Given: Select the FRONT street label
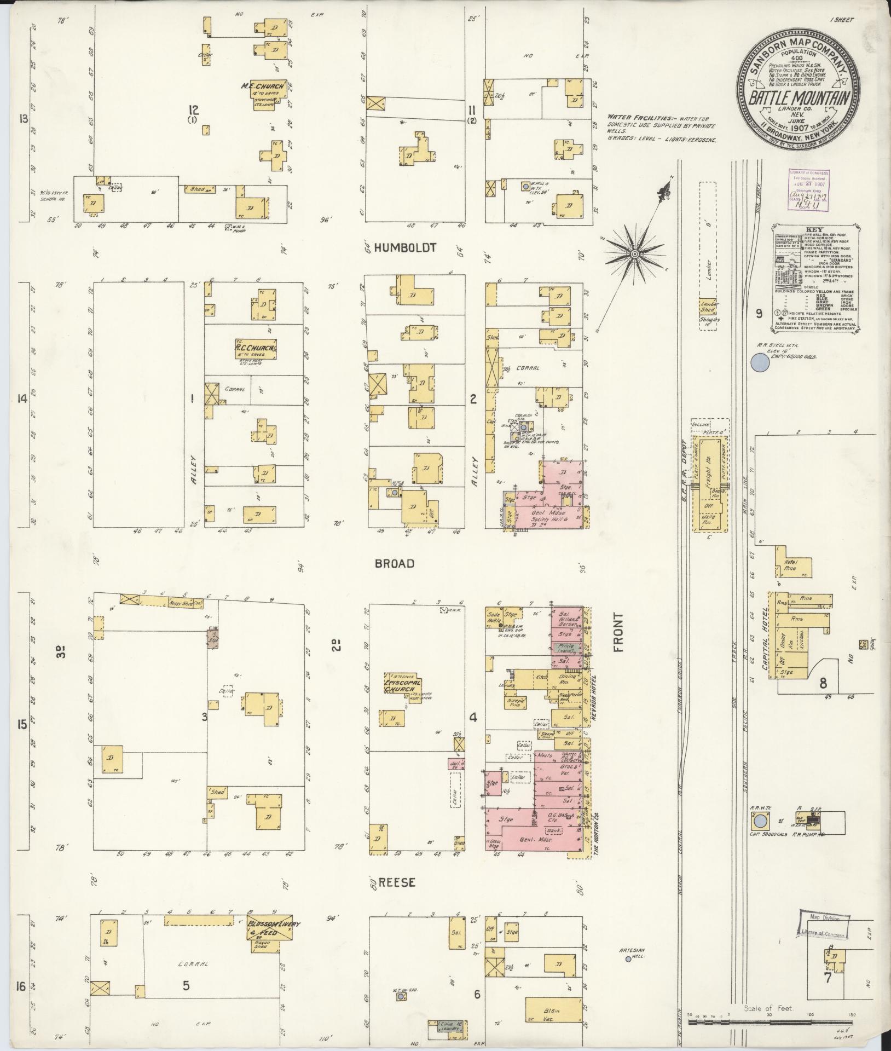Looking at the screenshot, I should tap(619, 633).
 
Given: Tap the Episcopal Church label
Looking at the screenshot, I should tap(402, 686).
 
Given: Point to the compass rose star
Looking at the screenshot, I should tap(635, 254).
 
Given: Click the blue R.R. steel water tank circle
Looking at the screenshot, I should tap(759, 362).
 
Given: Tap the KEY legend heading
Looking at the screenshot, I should tap(815, 230).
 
